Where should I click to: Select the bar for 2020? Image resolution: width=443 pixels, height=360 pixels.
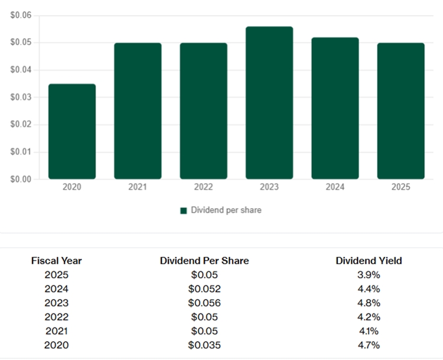click(x=72, y=131)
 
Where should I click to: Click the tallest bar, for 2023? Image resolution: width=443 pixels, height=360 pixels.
click(x=269, y=103)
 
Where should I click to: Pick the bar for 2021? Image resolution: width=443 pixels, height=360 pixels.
click(x=138, y=111)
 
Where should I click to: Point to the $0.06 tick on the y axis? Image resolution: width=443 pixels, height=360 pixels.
click(x=22, y=15)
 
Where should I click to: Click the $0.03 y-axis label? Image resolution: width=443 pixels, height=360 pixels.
click(x=22, y=98)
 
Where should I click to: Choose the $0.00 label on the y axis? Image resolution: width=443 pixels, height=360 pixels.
click(x=22, y=179)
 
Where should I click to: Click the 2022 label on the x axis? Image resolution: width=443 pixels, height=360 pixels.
click(x=203, y=187)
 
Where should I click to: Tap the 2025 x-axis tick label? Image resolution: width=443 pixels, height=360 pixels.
click(x=400, y=187)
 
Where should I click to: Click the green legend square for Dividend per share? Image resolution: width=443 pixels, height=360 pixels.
click(x=184, y=210)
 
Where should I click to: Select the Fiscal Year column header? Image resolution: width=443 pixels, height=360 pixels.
click(x=56, y=261)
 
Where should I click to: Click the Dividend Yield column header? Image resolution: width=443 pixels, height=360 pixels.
click(x=369, y=261)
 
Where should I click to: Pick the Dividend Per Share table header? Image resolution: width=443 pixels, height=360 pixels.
click(x=204, y=261)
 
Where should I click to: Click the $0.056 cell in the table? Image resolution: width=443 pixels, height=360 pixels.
click(x=204, y=303)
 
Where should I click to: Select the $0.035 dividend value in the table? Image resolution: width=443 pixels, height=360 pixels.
click(x=204, y=345)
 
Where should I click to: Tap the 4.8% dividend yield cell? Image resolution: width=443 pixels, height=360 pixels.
click(x=369, y=303)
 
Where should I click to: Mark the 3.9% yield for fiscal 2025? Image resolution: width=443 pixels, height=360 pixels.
click(x=369, y=275)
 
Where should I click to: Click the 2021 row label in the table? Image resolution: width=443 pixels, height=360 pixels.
click(x=56, y=331)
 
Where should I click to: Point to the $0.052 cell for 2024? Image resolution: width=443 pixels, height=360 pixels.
click(x=204, y=289)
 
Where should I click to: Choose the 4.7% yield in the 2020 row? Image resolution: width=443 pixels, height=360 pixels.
click(x=369, y=345)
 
